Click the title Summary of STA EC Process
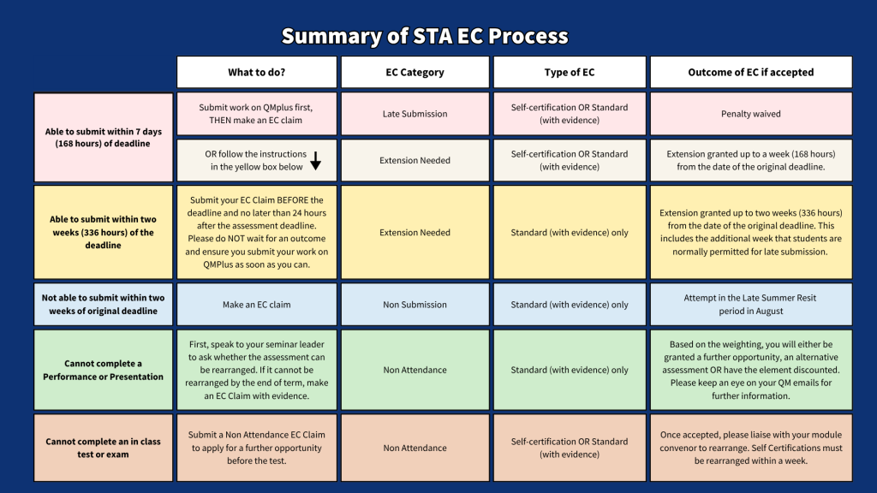tap(425, 37)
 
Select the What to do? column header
tap(257, 72)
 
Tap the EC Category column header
tap(415, 72)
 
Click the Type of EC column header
tap(569, 72)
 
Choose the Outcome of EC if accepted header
tap(750, 72)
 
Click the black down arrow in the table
tap(315, 160)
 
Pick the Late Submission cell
tap(415, 114)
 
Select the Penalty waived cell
tap(750, 114)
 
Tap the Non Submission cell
tap(415, 305)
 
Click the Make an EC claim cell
tap(257, 305)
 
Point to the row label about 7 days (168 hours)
tap(104, 138)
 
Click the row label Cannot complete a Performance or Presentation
tap(104, 370)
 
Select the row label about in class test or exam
tap(104, 448)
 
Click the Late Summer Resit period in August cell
tap(750, 305)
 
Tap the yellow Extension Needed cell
tap(415, 232)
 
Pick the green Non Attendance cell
tap(415, 370)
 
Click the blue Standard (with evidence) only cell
tap(569, 305)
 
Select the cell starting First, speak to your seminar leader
tap(257, 370)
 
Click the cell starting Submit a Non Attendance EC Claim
tap(257, 448)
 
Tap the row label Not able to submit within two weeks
tap(104, 305)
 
